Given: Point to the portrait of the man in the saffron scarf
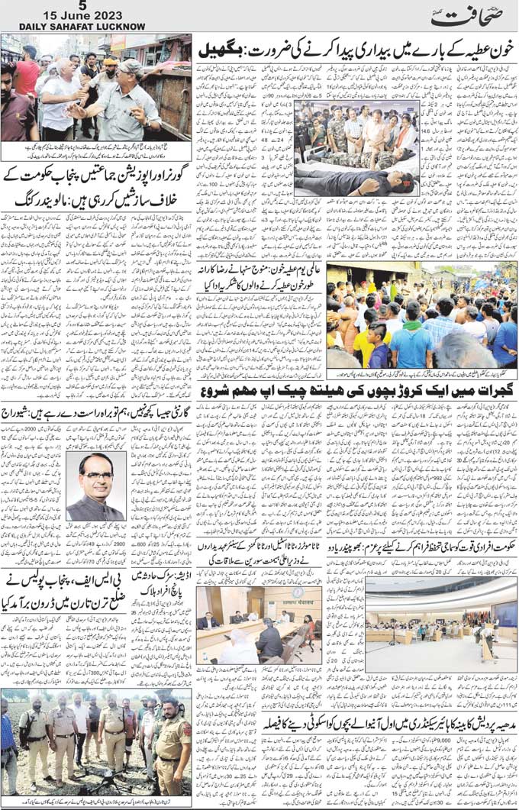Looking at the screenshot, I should click(x=95, y=486).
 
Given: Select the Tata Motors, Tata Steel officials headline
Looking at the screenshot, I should click(x=260, y=568).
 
